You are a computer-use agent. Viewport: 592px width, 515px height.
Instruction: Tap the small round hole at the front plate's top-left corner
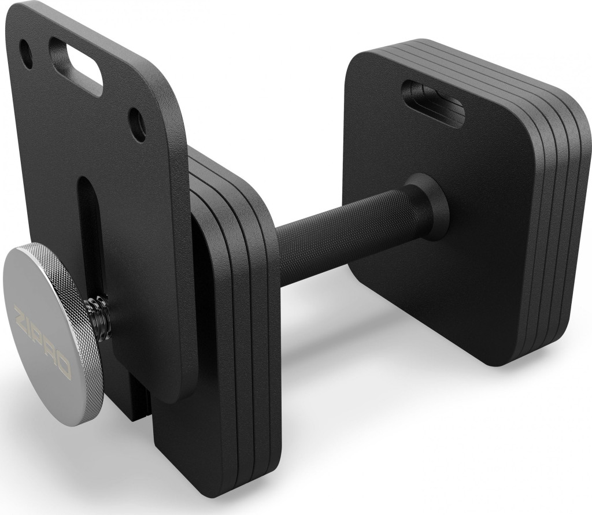pyautogui.click(x=27, y=50)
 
